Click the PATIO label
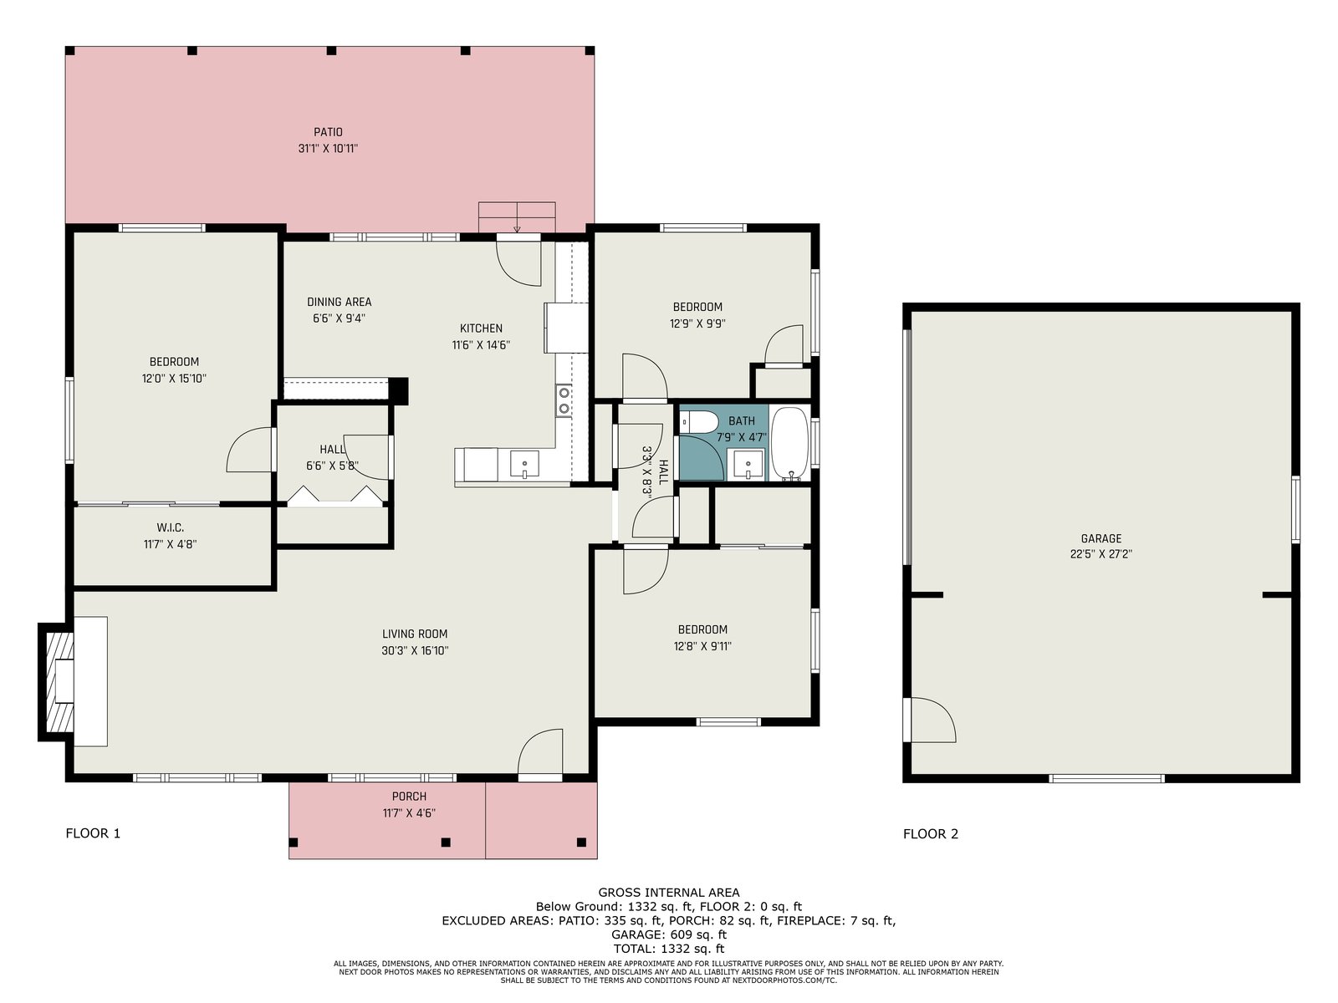(328, 132)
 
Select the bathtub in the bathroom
(790, 443)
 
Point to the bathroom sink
(748, 465)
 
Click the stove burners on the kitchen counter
(564, 400)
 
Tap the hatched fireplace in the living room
(60, 682)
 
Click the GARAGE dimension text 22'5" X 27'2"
(1101, 554)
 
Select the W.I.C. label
(170, 528)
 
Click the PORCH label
(409, 797)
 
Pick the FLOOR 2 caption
(931, 834)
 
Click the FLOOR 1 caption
(94, 833)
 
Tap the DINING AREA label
(339, 302)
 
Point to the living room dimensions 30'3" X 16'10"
(415, 650)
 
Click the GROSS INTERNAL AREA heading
(669, 893)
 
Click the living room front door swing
(540, 752)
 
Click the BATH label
(741, 420)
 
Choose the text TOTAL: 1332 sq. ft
(669, 948)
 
